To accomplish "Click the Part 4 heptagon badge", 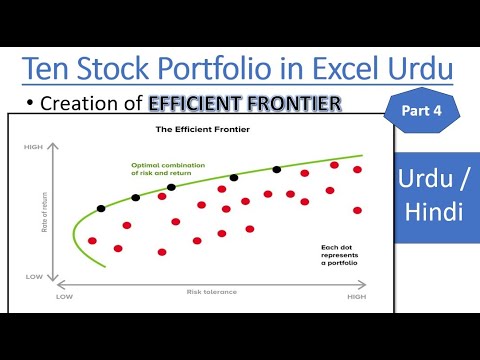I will point(419,111).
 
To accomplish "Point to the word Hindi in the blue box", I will point(434,213).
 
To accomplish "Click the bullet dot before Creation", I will point(32,103).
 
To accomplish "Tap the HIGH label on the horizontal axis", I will point(356,297).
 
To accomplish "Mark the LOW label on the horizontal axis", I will point(65,297).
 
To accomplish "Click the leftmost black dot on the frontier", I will point(100,209).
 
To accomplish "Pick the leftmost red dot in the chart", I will point(92,241).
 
